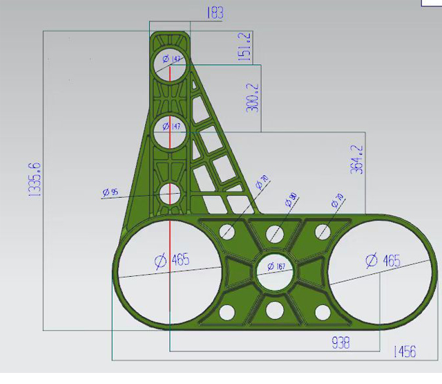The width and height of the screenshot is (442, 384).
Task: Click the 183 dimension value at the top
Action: coord(214,13)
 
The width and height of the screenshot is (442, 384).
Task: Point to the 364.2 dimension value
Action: coord(357,159)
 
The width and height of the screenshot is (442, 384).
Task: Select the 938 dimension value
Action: coord(340,342)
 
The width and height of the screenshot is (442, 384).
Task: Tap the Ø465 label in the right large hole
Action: coord(382,261)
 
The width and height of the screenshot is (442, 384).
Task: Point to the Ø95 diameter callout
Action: coord(110,191)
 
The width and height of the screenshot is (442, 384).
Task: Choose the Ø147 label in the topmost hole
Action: coord(171,60)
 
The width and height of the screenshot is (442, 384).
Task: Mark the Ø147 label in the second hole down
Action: coord(171,126)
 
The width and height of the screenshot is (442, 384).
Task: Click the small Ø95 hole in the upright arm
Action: coord(170,195)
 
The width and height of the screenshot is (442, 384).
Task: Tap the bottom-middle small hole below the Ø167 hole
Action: coord(275,309)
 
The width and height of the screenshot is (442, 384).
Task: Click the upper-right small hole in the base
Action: coord(322,231)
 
